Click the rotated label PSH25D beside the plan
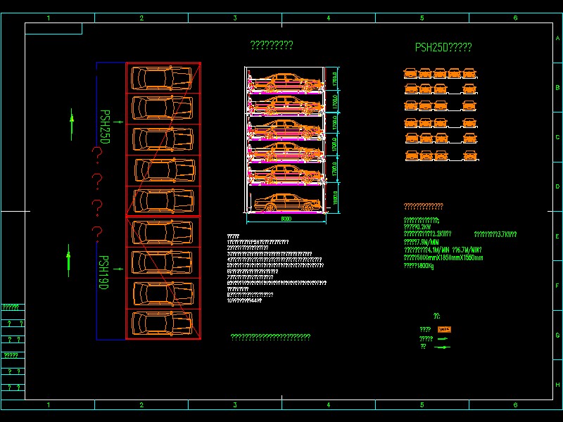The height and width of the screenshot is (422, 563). [x=105, y=127]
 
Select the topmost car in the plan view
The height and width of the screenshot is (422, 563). [x=163, y=77]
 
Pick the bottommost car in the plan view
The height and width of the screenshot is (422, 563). [x=163, y=324]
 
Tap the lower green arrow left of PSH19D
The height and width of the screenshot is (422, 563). [x=68, y=257]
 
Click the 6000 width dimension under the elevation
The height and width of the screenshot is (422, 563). [x=285, y=219]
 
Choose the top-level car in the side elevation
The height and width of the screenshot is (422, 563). [x=284, y=82]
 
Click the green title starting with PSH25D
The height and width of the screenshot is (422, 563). [x=443, y=48]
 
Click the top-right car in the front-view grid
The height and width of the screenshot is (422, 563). [x=471, y=72]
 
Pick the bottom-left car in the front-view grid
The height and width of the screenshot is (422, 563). [x=410, y=156]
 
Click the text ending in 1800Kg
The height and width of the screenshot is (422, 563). [x=419, y=266]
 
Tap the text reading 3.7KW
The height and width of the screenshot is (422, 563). [x=495, y=234]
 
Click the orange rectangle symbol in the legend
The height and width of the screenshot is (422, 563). [x=444, y=329]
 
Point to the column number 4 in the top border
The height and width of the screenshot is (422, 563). [x=328, y=18]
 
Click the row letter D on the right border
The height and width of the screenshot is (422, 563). [x=557, y=186]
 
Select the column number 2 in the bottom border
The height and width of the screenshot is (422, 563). [x=141, y=405]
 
